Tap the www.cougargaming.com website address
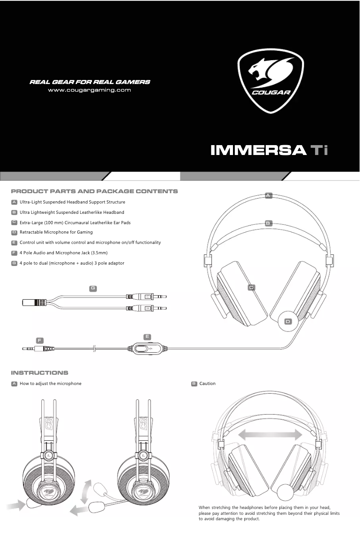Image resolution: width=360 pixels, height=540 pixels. [x=89, y=90]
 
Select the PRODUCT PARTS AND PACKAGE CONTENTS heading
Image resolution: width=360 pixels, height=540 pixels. [x=94, y=191]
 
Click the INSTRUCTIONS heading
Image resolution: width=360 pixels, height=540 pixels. [x=40, y=373]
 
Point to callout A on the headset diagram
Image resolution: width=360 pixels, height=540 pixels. [x=268, y=195]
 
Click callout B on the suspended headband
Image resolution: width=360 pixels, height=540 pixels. [x=268, y=223]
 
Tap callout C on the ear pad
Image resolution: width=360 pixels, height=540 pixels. [x=251, y=287]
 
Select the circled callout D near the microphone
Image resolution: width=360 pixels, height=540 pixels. [x=288, y=321]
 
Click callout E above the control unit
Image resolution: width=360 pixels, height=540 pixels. [x=147, y=336]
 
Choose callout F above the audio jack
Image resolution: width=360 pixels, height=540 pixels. [x=40, y=340]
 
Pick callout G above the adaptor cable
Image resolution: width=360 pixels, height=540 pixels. [x=93, y=288]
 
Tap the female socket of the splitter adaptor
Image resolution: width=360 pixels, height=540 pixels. [x=34, y=302]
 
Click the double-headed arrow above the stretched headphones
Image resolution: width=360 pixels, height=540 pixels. [x=270, y=435]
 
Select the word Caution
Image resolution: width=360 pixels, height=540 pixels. [x=207, y=384]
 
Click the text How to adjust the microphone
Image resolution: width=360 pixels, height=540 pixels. [x=50, y=384]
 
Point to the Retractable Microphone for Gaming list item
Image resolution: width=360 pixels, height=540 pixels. [x=56, y=232]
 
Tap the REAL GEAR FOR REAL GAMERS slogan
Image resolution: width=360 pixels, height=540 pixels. [x=90, y=82]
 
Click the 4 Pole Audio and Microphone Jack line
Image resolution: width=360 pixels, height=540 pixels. [x=63, y=253]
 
